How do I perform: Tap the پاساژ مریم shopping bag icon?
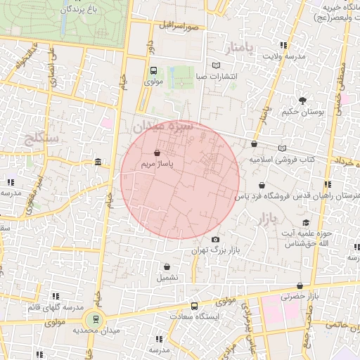(157, 151)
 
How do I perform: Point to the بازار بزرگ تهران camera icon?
(215, 240)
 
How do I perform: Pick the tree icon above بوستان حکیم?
(301, 101)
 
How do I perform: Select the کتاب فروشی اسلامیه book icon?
(282, 148)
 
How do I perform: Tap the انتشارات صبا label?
(217, 76)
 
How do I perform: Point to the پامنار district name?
(240, 48)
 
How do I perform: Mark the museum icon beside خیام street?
(97, 162)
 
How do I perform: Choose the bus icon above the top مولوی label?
(153, 70)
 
